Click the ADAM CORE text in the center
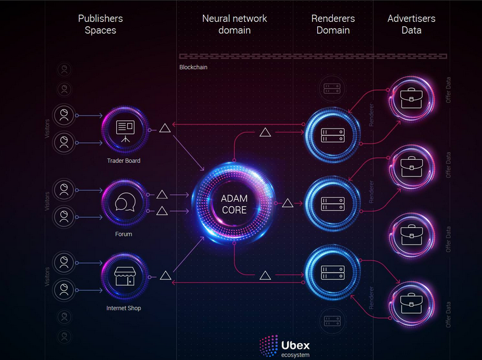(x=234, y=204)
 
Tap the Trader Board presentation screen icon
(x=125, y=131)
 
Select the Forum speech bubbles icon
(x=125, y=202)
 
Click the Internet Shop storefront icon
(x=125, y=276)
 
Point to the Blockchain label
(x=194, y=67)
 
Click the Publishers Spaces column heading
(x=101, y=24)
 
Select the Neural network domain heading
(x=235, y=24)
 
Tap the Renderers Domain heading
(x=333, y=24)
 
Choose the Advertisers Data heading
(x=411, y=24)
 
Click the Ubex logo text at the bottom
(x=295, y=345)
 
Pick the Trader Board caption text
(x=124, y=160)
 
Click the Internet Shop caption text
(x=124, y=308)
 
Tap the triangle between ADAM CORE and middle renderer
(x=288, y=203)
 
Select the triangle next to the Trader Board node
(x=165, y=128)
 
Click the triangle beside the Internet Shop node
(x=165, y=275)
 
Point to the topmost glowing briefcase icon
(x=411, y=98)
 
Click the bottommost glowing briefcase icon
(x=411, y=303)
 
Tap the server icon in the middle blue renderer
(x=333, y=204)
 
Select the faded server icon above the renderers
(x=332, y=89)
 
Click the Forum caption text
(x=124, y=234)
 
